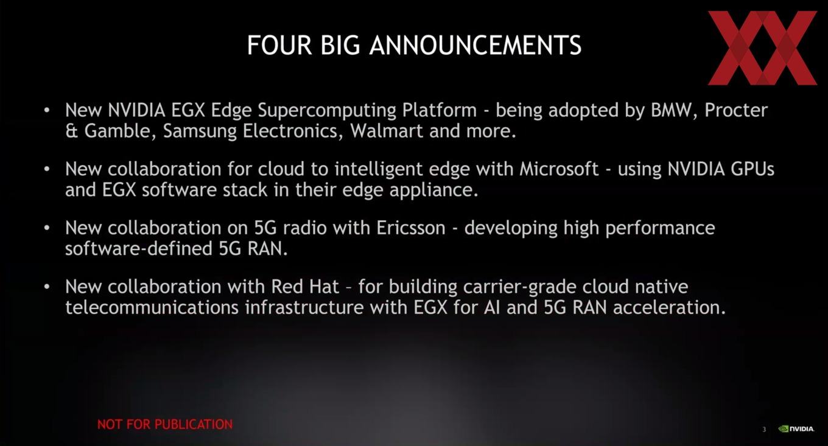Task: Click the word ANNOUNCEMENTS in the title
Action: [x=475, y=45]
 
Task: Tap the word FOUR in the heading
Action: [x=279, y=45]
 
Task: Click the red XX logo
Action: [x=762, y=47]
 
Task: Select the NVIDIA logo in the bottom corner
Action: [x=796, y=428]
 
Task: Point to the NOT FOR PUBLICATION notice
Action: [x=165, y=424]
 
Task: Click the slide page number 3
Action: [x=764, y=430]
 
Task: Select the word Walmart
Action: [x=386, y=131]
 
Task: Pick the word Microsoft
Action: [x=559, y=169]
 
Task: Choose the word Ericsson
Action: [x=411, y=228]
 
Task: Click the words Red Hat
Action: [x=305, y=287]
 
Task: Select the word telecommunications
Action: [x=152, y=307]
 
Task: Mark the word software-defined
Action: [x=139, y=248]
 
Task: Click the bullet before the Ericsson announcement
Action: [x=46, y=228]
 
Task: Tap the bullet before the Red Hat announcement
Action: [x=46, y=287]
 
